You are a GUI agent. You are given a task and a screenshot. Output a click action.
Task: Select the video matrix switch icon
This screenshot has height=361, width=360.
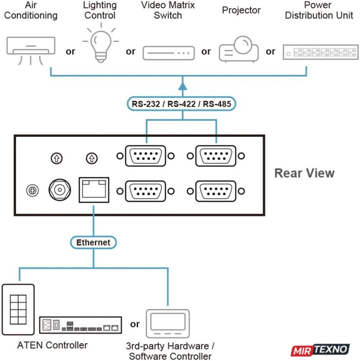(x=168, y=53)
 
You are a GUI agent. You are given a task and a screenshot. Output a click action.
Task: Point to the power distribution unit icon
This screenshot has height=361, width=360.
(x=320, y=52)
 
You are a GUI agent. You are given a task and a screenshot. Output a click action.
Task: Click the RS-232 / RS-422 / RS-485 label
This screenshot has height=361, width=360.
(x=181, y=104)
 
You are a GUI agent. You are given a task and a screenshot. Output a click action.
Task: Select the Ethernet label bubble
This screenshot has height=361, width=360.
(x=93, y=243)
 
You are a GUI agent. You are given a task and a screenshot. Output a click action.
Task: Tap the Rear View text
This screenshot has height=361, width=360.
(x=304, y=173)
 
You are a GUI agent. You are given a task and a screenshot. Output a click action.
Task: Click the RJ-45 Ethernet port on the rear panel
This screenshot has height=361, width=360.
(x=94, y=190)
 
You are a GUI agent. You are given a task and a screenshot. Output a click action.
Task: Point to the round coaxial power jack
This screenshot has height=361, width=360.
(x=60, y=190)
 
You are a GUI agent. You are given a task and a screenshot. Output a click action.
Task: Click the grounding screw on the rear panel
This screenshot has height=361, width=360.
(x=32, y=190)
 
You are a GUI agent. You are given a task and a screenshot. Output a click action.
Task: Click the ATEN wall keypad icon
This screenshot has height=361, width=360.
(x=18, y=310)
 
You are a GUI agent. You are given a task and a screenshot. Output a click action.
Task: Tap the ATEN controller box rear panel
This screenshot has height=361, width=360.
(x=80, y=325)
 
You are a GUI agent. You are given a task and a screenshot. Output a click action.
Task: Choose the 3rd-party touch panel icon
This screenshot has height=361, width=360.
(x=168, y=324)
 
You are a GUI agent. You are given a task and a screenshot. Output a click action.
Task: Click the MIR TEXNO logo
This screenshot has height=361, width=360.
(x=320, y=350)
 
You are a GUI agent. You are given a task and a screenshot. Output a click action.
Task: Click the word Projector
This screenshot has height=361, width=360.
(x=241, y=10)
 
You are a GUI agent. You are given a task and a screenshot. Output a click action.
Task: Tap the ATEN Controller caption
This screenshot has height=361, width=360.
(x=53, y=345)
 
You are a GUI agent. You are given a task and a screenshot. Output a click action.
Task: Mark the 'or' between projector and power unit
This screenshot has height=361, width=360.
(x=270, y=52)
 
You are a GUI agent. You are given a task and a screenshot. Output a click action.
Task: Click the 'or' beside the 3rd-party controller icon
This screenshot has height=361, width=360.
(x=135, y=324)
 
